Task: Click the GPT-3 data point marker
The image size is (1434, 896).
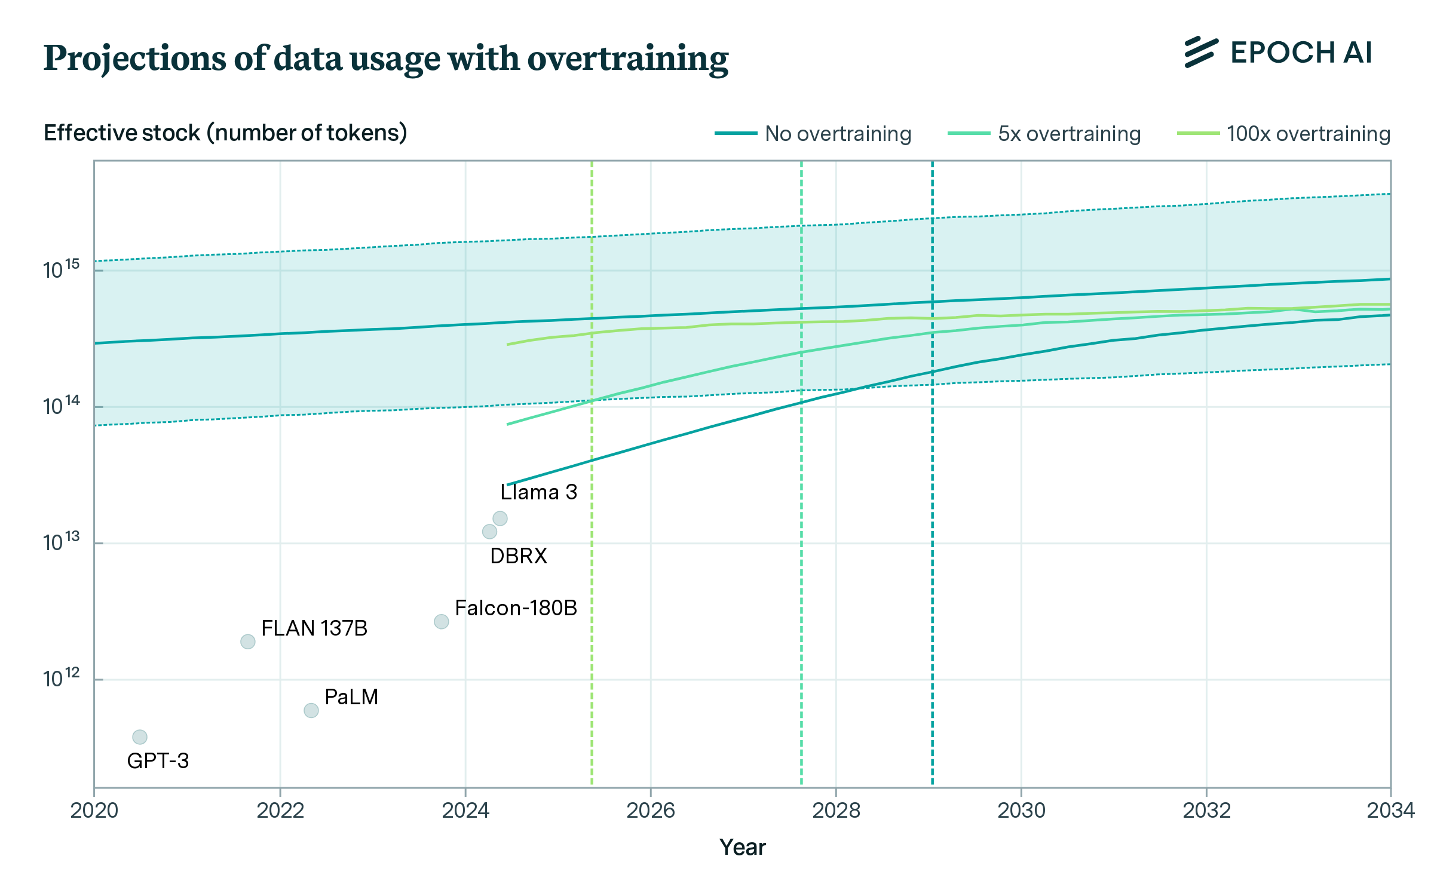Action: pos(139,737)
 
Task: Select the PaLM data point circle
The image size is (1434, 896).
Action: pos(311,710)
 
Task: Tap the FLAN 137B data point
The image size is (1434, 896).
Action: pos(247,642)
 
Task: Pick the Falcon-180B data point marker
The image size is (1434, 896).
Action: pos(441,622)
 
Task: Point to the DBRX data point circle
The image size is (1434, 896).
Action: pos(489,532)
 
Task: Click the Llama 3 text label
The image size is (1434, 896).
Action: pos(538,492)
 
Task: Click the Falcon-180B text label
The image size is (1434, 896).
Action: pos(516,608)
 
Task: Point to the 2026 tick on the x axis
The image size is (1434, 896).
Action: pos(651,811)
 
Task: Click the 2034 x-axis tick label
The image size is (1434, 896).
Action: pos(1390,811)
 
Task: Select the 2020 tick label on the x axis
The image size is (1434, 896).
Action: pos(94,811)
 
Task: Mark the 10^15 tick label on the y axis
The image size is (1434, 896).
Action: pos(61,269)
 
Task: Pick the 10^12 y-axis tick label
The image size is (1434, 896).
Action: pos(61,679)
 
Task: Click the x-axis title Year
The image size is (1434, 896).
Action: pos(742,848)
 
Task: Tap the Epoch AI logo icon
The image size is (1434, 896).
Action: pos(1201,53)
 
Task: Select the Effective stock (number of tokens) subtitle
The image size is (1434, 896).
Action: pos(225,133)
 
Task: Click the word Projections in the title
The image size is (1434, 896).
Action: pos(134,59)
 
